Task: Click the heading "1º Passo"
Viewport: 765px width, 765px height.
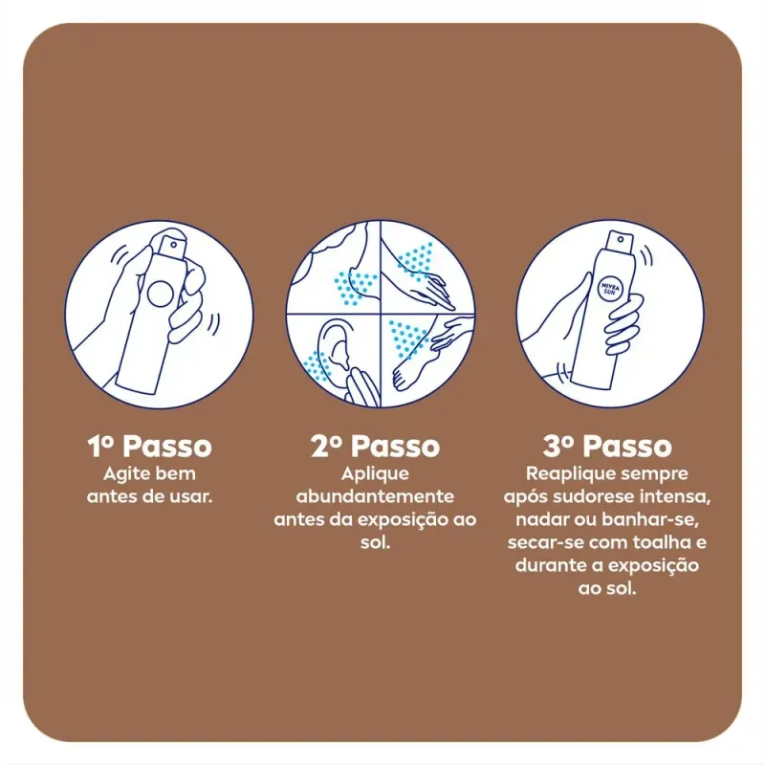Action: pos(150,446)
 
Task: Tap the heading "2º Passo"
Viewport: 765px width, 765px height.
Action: pos(375,446)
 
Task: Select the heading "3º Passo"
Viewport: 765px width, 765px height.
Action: pos(607,446)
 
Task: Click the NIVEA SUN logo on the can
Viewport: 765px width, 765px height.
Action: pos(609,290)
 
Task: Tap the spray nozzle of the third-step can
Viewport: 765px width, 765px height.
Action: pos(620,241)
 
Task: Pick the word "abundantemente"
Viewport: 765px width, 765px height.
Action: pos(375,496)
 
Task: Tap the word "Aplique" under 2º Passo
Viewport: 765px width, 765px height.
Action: pos(375,474)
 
